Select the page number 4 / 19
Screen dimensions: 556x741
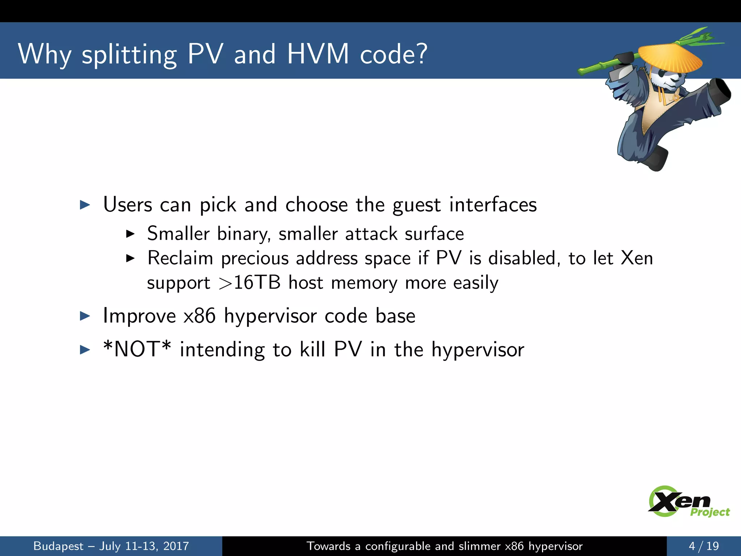click(x=703, y=546)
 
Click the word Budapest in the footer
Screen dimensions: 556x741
click(x=58, y=546)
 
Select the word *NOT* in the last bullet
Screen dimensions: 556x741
click(x=137, y=349)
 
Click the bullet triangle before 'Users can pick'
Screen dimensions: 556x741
click(x=85, y=205)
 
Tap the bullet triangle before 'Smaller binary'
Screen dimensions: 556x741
click(x=130, y=234)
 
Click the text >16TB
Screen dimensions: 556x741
click(x=250, y=283)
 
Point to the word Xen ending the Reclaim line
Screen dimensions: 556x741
click(x=637, y=258)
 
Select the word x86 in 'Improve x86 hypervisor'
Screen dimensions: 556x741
click(x=200, y=316)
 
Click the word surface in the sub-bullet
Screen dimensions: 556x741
click(x=434, y=234)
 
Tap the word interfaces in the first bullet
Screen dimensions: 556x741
click(x=493, y=205)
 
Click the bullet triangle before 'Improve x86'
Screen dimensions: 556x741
click(x=85, y=316)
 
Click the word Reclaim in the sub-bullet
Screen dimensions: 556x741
click(x=180, y=258)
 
